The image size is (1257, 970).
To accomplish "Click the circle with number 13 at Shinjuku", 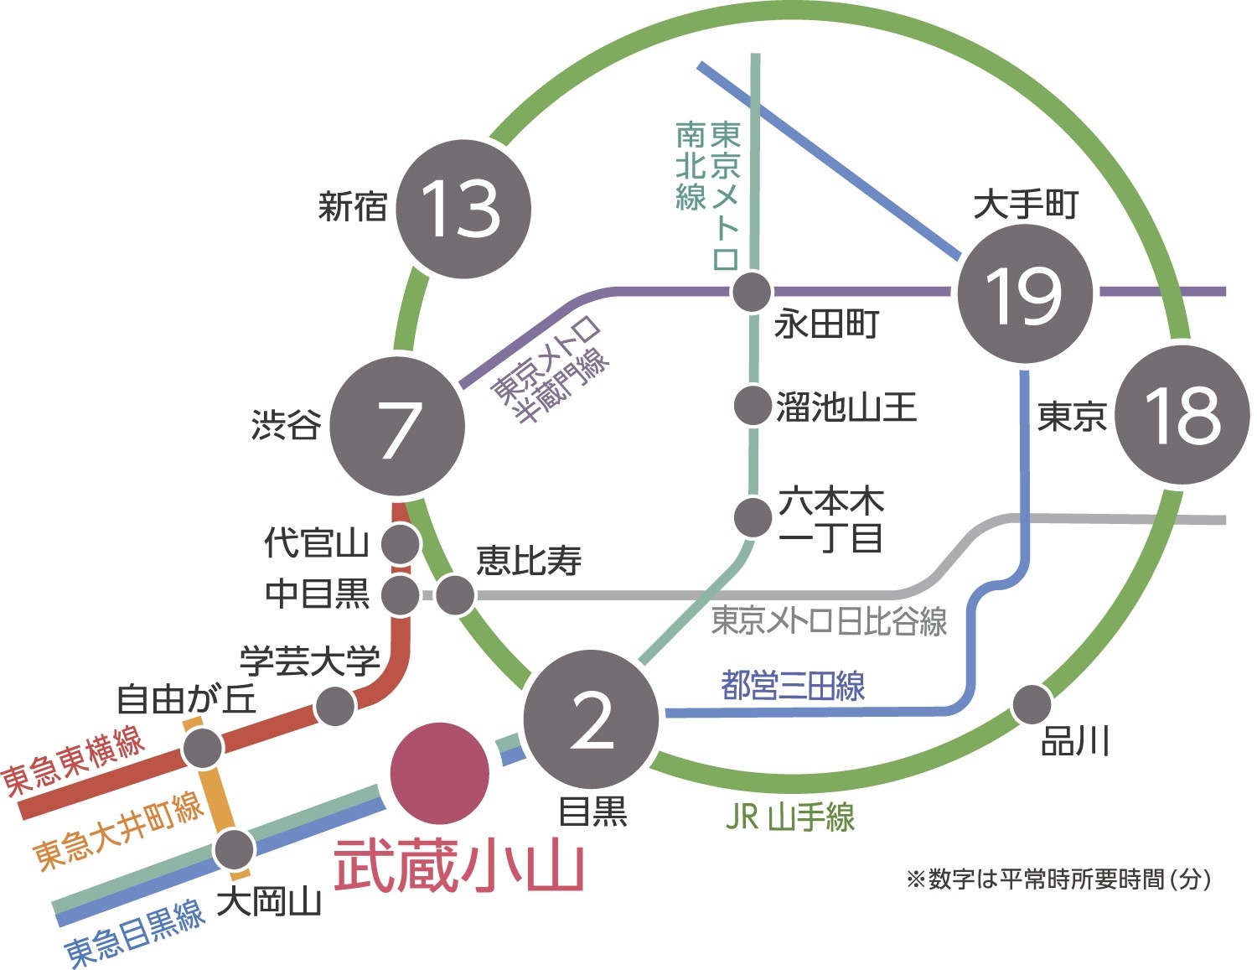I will (x=463, y=209).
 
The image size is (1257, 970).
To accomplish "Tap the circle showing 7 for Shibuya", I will (x=397, y=427).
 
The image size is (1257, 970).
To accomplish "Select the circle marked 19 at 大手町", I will (x=1025, y=294).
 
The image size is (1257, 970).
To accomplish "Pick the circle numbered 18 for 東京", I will (x=1182, y=415).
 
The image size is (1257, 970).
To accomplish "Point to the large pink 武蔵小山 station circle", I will (x=439, y=773).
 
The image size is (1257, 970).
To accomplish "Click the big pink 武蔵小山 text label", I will (x=458, y=867).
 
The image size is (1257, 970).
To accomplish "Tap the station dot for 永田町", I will (x=751, y=293).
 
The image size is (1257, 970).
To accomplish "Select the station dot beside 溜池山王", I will (x=752, y=406).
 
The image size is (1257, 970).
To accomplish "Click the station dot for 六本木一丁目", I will (x=753, y=516).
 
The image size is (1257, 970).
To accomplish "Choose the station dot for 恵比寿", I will (x=455, y=595).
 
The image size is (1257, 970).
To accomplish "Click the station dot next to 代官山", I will (x=400, y=544).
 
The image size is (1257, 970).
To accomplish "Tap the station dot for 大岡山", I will (x=234, y=849).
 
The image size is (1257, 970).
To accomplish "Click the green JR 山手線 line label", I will (x=789, y=816).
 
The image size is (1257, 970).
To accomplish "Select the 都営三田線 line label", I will (x=793, y=686).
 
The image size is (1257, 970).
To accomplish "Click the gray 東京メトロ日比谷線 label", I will (x=829, y=621).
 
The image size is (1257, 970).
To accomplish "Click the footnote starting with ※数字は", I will (x=1058, y=879).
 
